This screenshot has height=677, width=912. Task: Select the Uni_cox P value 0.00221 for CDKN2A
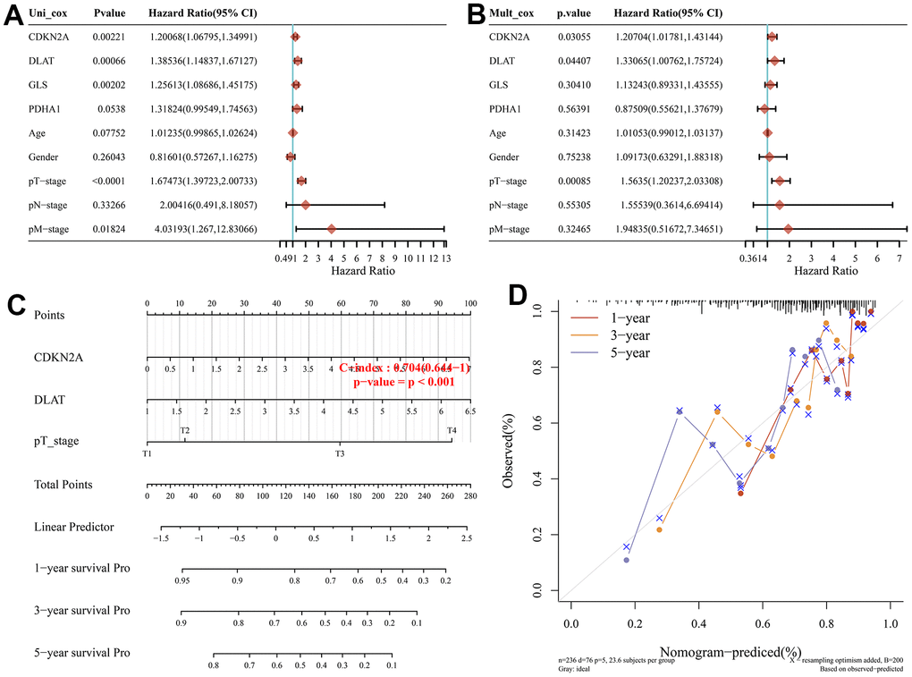(111, 37)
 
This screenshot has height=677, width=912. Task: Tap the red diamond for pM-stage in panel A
(332, 229)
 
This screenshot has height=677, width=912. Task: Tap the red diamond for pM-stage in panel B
(788, 229)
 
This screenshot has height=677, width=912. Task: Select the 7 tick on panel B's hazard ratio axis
(899, 258)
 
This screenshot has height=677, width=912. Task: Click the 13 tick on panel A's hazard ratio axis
(444, 258)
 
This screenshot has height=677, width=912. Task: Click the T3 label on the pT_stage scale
(339, 454)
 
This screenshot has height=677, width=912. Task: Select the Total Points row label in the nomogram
(63, 485)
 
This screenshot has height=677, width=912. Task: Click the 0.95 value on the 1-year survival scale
(182, 580)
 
